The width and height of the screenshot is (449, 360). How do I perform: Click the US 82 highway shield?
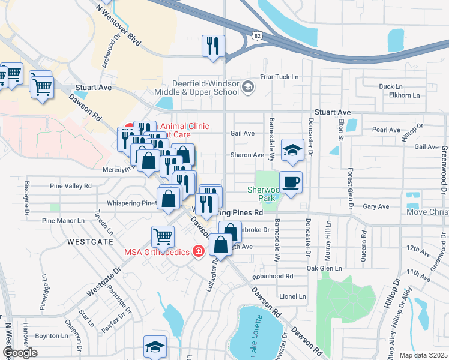pos(256,37)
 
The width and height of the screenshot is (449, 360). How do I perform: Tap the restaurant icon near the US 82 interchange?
pos(213,46)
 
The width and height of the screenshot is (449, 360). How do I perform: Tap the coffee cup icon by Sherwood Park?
pos(291,182)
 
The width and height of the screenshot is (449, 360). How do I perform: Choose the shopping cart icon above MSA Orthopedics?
pos(163,237)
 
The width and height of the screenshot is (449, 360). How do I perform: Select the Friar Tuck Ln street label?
pos(279,77)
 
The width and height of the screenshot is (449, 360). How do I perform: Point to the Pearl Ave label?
pos(386,130)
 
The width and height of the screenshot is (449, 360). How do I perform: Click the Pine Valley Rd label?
pos(71,186)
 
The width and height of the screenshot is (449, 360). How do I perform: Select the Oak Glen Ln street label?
pos(324,268)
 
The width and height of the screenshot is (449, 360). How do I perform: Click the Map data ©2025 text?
pos(423,355)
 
